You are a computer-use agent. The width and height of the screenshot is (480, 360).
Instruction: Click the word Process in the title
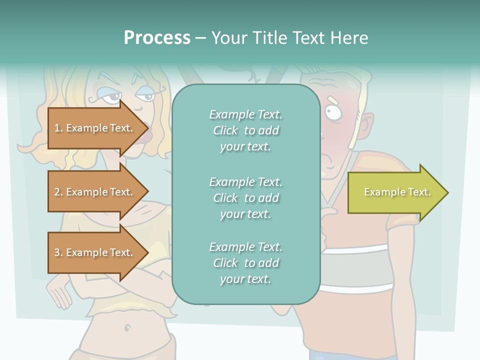[157, 38]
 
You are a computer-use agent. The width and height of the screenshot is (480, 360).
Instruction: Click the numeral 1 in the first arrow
[57, 128]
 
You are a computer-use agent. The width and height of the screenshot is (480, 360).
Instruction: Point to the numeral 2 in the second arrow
[57, 192]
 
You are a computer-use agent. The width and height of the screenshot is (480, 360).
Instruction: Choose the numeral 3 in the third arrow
[57, 252]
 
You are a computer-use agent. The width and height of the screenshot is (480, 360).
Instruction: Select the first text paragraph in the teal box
[245, 130]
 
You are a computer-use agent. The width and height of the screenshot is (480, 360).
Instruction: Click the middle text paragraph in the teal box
[245, 198]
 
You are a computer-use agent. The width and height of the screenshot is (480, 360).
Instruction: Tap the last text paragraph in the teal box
[245, 263]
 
